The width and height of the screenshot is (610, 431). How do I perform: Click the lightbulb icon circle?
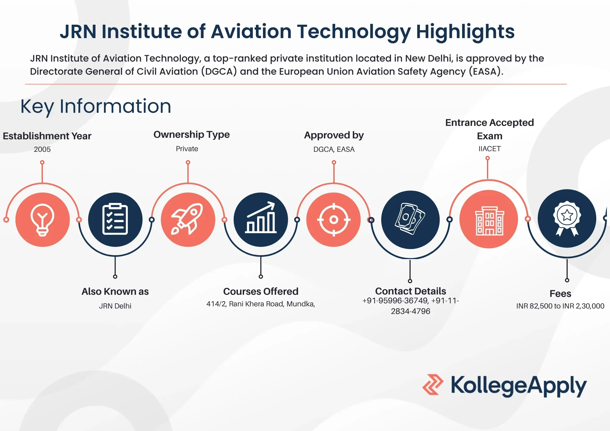[x=42, y=219]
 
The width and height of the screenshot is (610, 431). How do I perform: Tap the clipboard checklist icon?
[x=115, y=219]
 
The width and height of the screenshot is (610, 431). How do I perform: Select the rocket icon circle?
[x=188, y=219]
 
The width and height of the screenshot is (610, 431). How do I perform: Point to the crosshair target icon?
[x=334, y=219]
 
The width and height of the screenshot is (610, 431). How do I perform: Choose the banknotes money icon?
[x=410, y=219]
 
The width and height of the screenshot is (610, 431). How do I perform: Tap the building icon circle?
[x=489, y=219]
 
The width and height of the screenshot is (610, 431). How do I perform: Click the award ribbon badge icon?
[x=567, y=218]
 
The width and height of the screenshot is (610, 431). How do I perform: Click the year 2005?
[x=42, y=149]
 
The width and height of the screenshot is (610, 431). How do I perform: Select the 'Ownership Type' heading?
[x=192, y=134]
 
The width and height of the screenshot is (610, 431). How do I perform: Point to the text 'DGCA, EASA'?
[x=334, y=149]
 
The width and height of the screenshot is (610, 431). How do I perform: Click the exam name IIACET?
[x=490, y=149]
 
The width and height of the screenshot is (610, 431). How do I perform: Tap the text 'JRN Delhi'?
[x=115, y=306]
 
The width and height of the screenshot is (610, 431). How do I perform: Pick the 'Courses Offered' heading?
[x=261, y=291]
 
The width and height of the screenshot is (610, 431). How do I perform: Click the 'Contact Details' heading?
[x=411, y=291]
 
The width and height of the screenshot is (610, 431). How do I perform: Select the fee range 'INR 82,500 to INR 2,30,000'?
[x=560, y=306]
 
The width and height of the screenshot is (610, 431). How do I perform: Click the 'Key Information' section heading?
[x=96, y=106]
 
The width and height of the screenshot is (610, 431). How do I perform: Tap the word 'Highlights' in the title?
[x=465, y=32]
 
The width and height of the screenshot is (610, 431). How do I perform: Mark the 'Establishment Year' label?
[x=47, y=136]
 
